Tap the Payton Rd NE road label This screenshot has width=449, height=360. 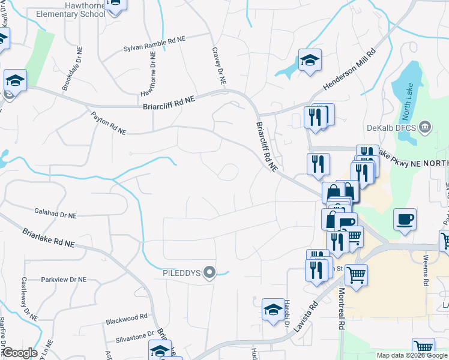pos(109,121)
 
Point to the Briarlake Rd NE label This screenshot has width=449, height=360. pos(49,238)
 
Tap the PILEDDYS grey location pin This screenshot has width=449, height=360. pos(209,273)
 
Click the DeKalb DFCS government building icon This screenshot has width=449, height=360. pos(425,127)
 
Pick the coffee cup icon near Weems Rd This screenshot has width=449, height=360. pos(405,219)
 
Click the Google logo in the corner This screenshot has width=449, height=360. pos(20,353)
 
